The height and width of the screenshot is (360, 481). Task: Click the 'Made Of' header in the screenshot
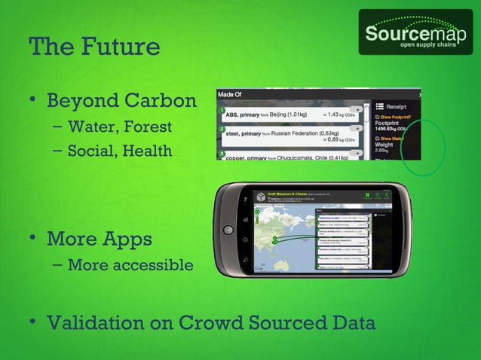coord(229,95)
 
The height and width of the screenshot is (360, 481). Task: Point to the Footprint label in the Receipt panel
coord(389,125)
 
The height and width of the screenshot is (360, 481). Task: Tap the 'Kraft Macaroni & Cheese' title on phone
coord(287,194)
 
